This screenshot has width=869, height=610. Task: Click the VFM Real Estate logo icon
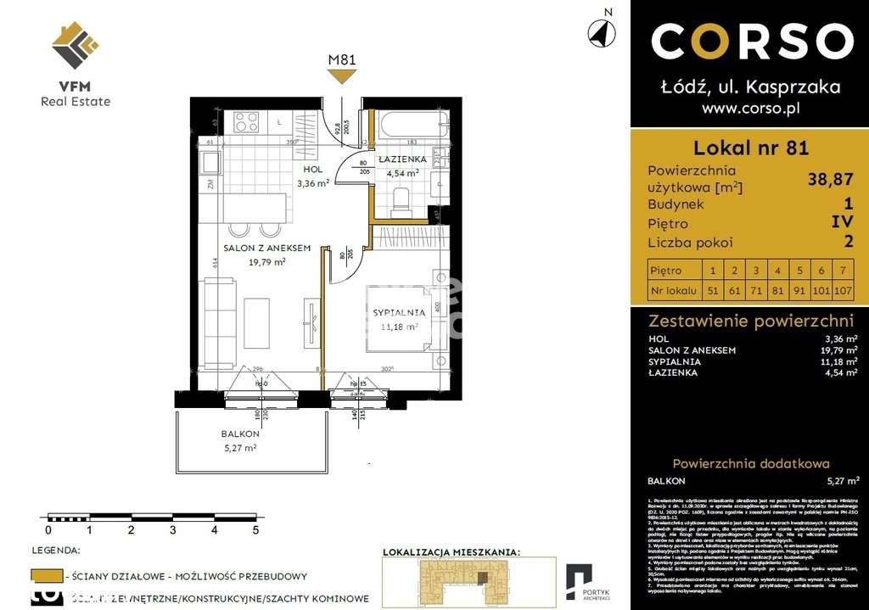tap(75, 45)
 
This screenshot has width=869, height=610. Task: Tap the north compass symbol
tap(602, 31)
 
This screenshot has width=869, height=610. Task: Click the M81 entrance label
tap(342, 59)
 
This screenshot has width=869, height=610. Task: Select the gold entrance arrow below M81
tap(342, 76)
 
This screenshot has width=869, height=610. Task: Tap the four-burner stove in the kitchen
tap(246, 121)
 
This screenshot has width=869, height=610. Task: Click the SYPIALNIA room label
tap(399, 313)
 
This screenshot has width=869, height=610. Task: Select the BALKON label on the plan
tap(240, 434)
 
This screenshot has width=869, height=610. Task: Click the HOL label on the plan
tap(312, 170)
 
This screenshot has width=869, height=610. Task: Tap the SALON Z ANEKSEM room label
tap(266, 248)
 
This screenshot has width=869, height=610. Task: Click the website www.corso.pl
tap(751, 109)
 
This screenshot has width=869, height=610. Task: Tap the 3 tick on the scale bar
tap(172, 530)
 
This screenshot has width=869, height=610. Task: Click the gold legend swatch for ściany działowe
tap(47, 576)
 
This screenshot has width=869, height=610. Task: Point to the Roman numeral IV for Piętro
tap(841, 224)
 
